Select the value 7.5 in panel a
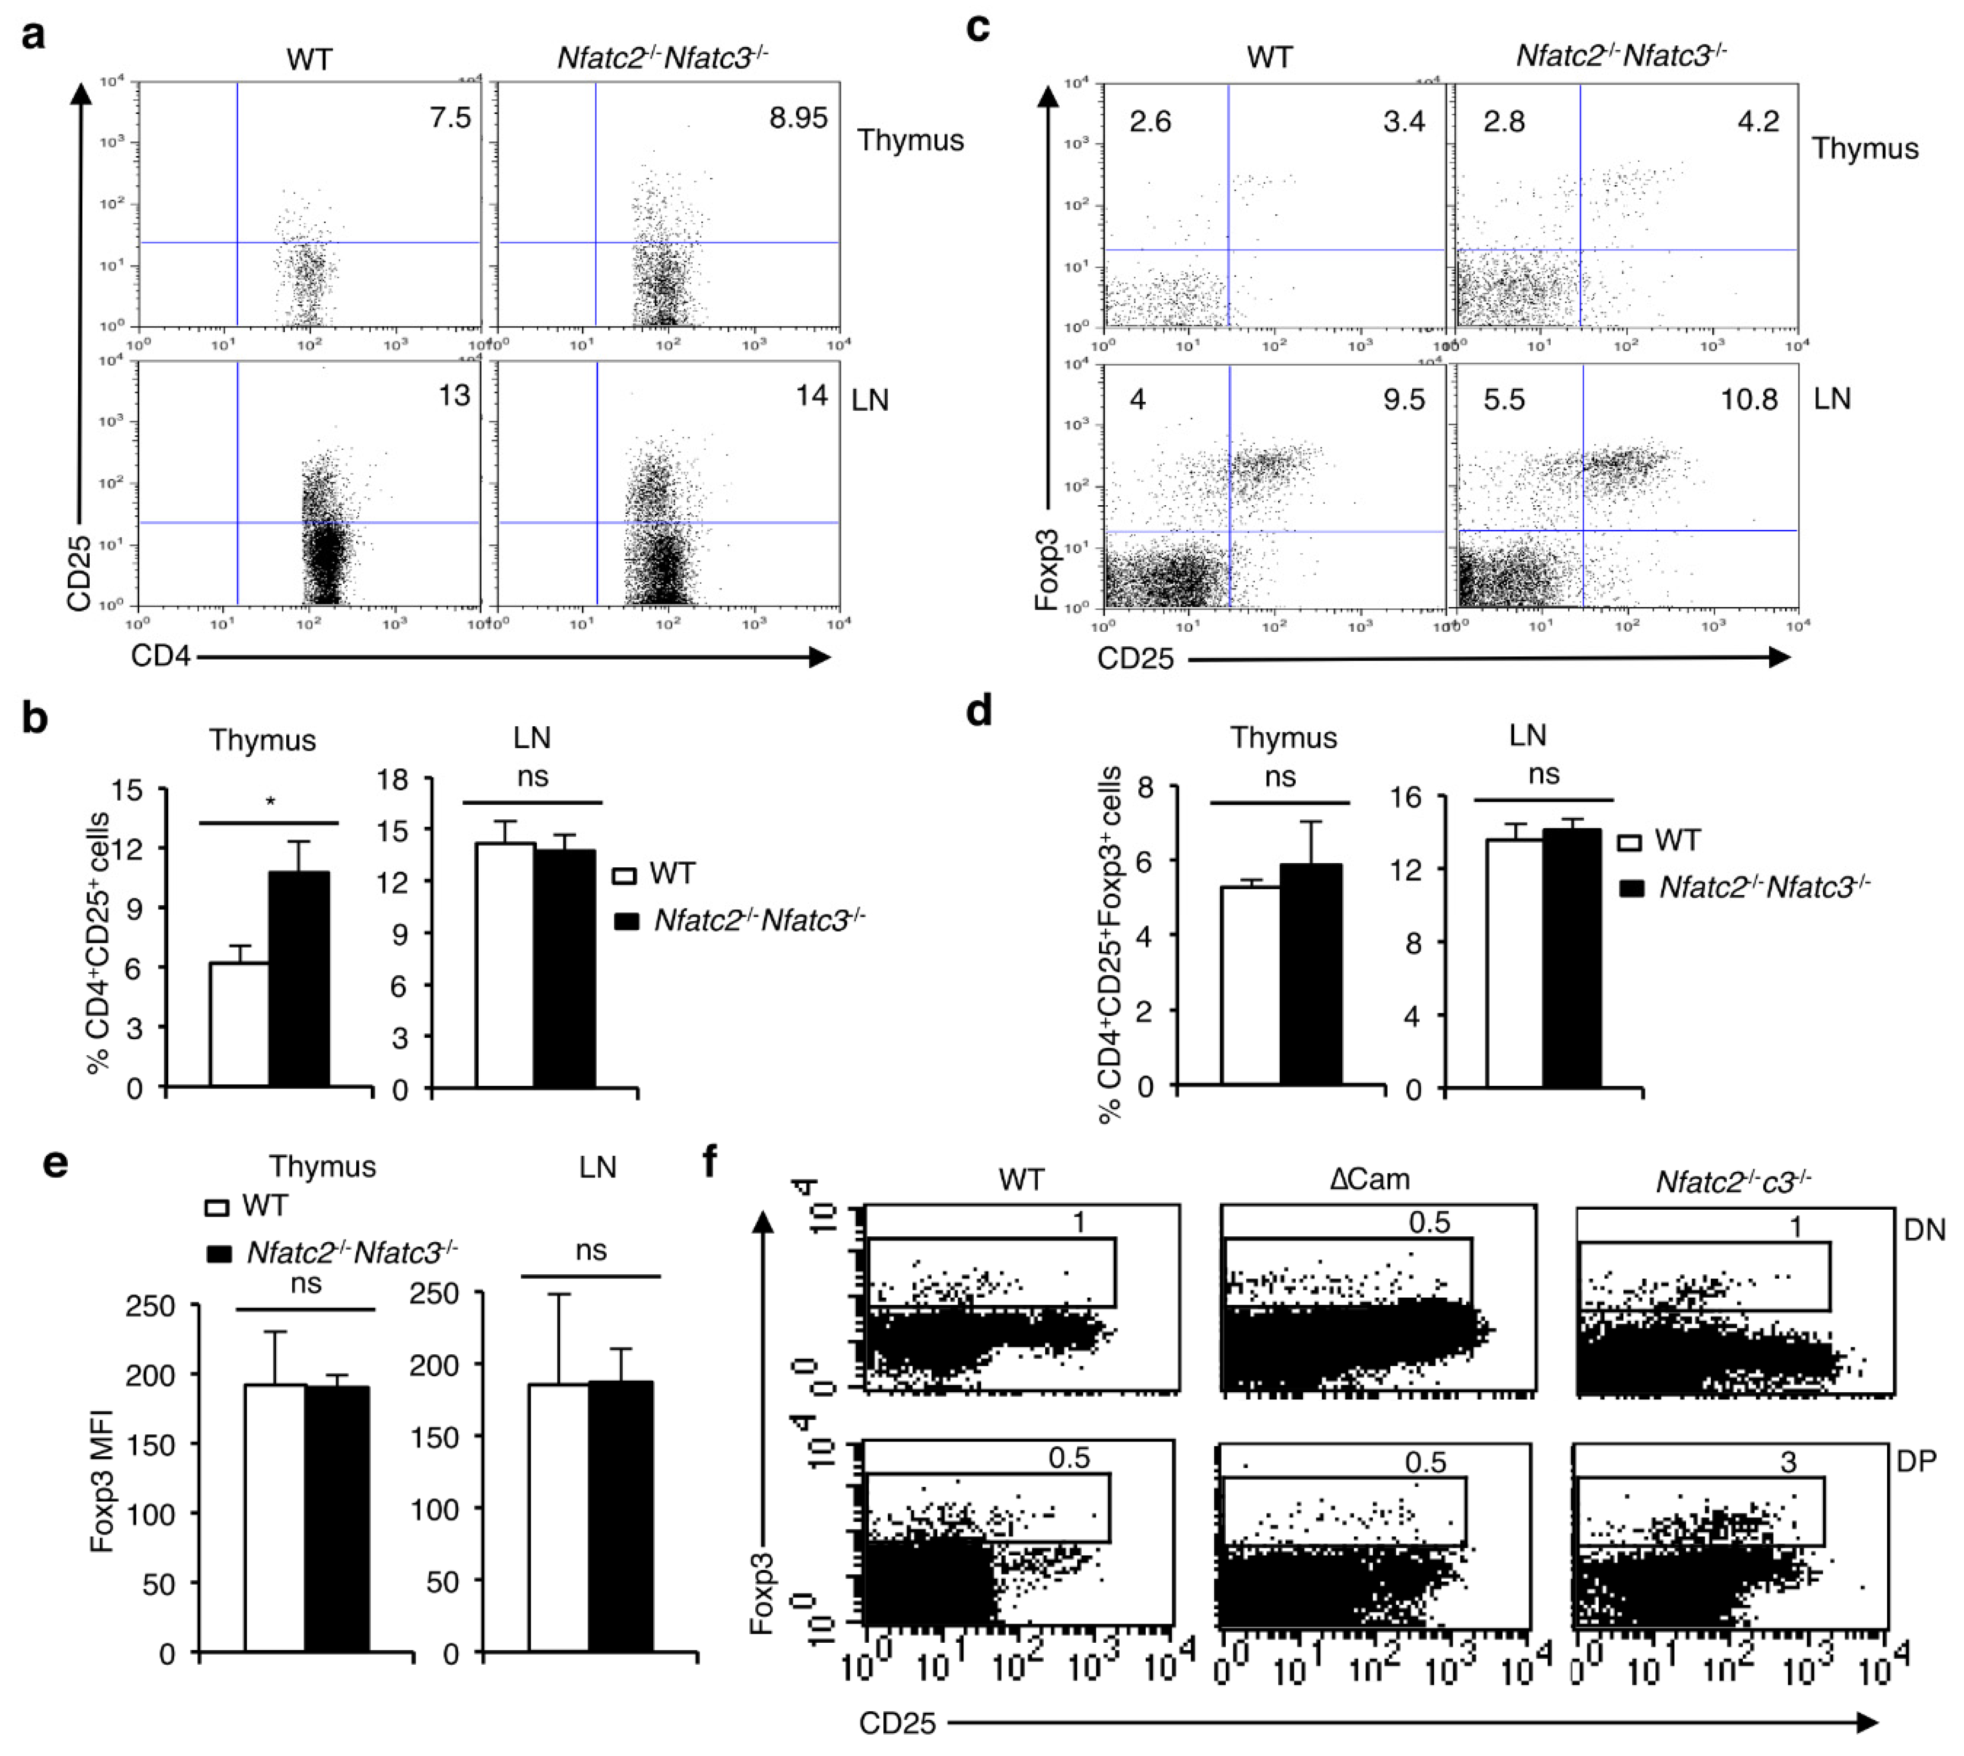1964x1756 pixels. point(450,117)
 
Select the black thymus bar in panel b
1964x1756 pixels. point(299,979)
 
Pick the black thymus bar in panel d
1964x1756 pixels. point(1311,975)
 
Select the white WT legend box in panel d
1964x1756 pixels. point(1630,842)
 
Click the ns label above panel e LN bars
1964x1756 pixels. point(591,1250)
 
